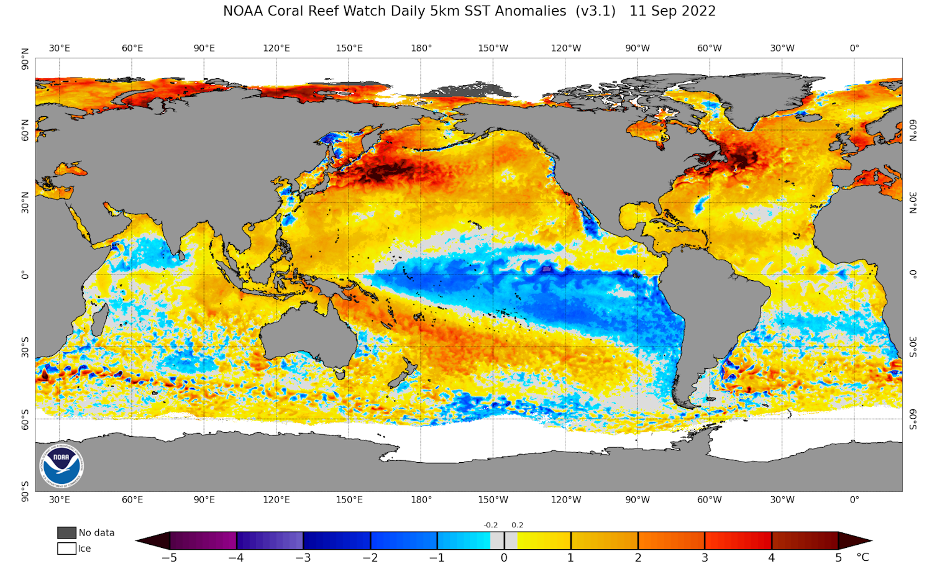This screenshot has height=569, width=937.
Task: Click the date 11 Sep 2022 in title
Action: tap(672, 11)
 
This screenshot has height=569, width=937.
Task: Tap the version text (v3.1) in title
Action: tap(595, 11)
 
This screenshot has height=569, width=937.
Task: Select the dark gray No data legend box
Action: tap(66, 533)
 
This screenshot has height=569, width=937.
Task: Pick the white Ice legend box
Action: tap(66, 549)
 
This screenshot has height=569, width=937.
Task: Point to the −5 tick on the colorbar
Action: tap(169, 558)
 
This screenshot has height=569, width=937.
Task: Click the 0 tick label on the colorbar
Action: tap(504, 558)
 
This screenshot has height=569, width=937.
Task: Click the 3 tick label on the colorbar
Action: tap(705, 558)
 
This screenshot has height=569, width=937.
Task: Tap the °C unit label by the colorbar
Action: tap(863, 557)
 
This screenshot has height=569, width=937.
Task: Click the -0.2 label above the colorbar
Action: tap(491, 525)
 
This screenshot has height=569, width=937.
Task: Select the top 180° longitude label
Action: tap(421, 48)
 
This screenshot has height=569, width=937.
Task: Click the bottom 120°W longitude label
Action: tap(565, 499)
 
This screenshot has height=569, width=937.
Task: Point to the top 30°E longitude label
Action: tap(60, 48)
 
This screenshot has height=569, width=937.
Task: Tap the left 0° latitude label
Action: tap(25, 275)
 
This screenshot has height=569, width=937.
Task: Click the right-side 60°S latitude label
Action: tap(913, 419)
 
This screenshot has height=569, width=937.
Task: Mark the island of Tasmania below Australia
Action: tap(340, 375)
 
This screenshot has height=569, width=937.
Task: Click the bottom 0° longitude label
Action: tap(854, 499)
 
